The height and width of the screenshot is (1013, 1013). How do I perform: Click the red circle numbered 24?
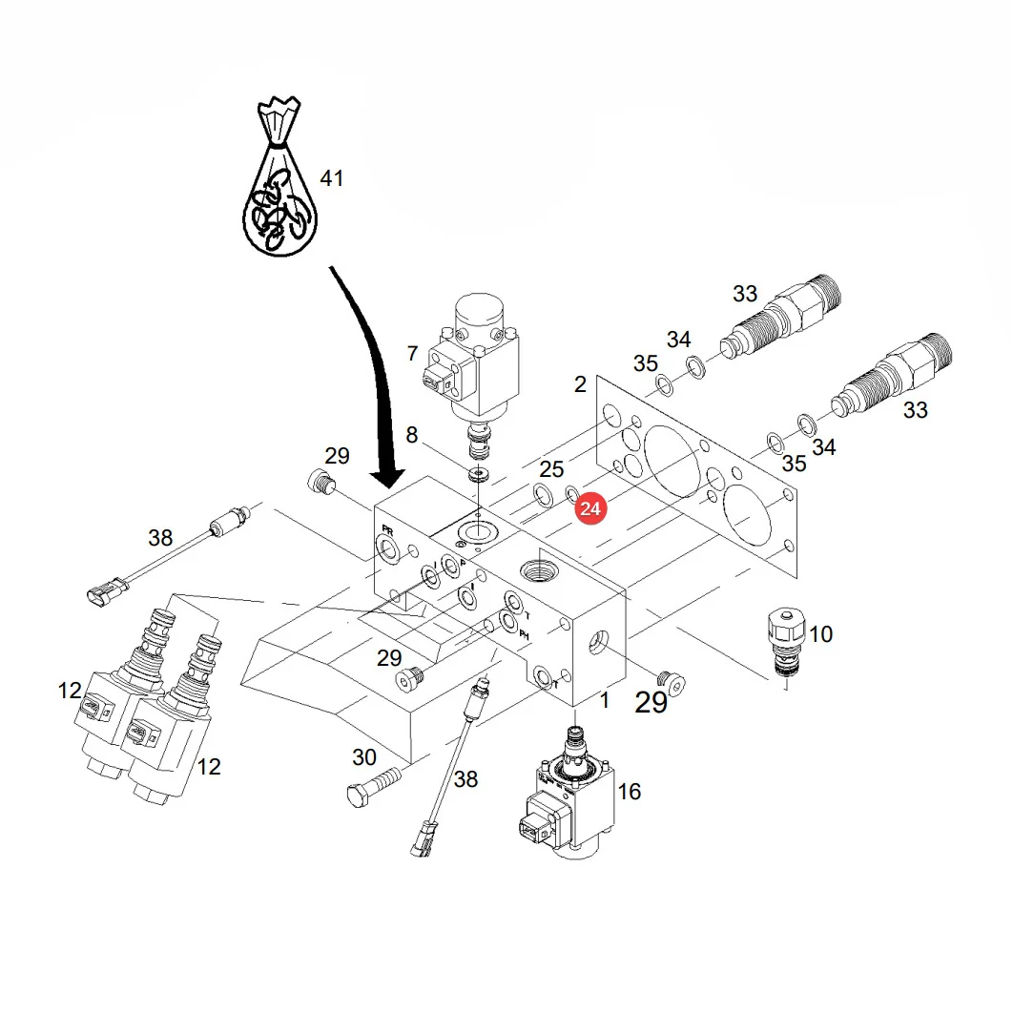(x=589, y=509)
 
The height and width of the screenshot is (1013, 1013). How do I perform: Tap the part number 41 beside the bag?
(x=332, y=178)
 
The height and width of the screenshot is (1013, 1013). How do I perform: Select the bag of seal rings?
(x=279, y=176)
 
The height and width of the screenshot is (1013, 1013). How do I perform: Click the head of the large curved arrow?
(x=387, y=479)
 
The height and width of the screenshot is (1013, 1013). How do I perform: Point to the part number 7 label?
(x=413, y=353)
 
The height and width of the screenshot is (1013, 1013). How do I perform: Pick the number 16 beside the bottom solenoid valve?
(x=630, y=792)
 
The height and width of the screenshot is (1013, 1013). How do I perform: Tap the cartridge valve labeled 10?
(x=786, y=641)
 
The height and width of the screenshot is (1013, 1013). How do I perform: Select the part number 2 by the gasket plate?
(x=580, y=384)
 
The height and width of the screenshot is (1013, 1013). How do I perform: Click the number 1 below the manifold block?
(x=605, y=700)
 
